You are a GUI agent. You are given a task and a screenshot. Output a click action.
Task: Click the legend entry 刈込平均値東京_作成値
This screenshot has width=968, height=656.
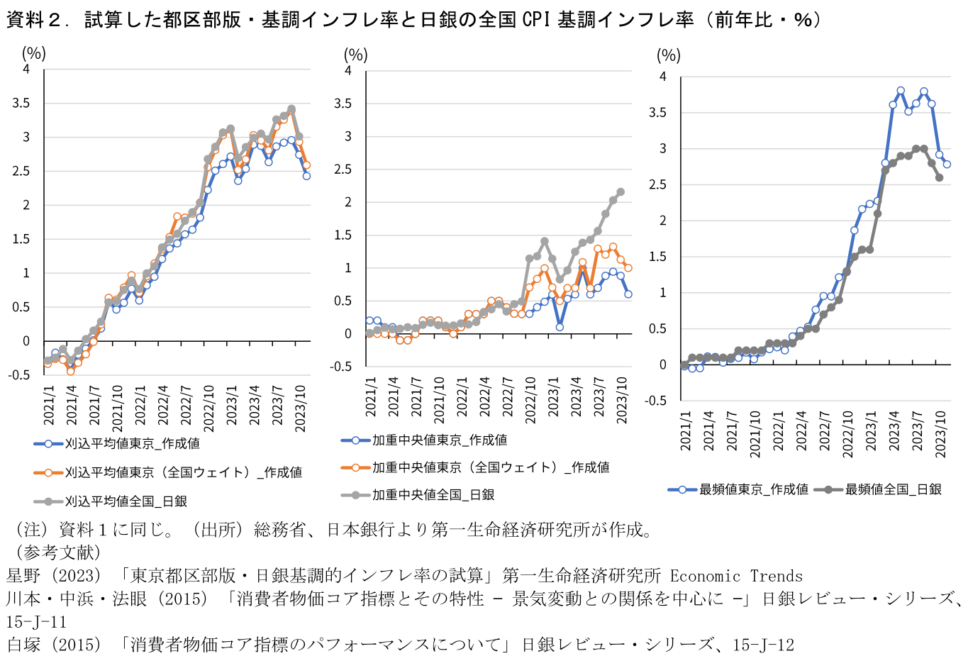[132, 444]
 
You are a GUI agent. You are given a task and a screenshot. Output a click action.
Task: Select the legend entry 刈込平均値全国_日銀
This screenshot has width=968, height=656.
[126, 501]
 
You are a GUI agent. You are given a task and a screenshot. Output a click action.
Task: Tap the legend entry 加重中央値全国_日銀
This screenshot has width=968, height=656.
[433, 495]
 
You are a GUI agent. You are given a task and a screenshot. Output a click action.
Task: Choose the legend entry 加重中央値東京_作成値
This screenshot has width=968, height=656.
[439, 440]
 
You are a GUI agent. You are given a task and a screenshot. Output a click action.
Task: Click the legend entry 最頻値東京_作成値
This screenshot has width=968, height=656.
[753, 489]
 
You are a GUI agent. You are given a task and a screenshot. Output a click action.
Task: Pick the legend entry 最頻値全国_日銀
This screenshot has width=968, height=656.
[893, 489]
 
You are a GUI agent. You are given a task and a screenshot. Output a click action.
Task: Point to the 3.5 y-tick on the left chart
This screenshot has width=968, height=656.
[22, 104]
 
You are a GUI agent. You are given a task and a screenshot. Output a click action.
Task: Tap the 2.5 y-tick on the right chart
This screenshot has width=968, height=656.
[658, 185]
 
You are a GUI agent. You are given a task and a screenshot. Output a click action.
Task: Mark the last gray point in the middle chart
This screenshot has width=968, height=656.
[621, 192]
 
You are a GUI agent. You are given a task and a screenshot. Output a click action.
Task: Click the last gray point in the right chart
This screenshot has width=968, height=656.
[940, 178]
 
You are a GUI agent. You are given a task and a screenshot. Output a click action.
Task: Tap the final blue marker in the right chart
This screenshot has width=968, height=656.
[947, 165]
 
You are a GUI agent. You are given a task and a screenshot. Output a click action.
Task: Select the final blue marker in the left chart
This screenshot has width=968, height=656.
[306, 176]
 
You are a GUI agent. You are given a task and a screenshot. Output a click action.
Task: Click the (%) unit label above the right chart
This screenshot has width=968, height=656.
[668, 55]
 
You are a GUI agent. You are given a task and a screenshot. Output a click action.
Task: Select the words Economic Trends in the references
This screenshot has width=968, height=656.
[736, 577]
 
